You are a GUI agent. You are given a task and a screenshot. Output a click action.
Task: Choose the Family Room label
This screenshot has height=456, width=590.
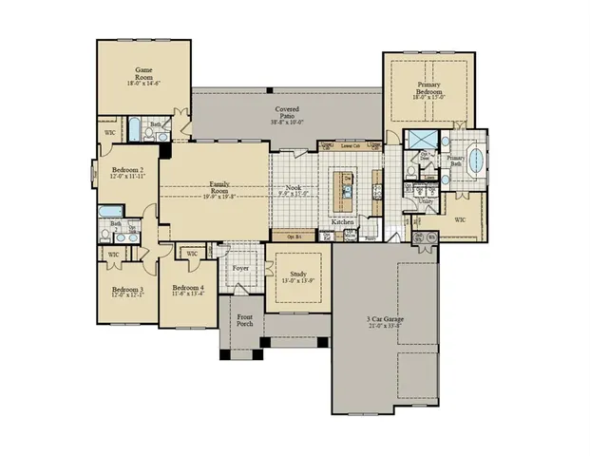pos(219,186)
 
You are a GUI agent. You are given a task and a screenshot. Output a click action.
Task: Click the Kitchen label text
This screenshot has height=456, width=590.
pos(342,221)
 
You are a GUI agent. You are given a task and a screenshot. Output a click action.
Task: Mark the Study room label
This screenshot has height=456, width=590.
pos(294,273)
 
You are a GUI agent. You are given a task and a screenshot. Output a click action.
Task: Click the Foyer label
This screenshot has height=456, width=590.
pos(240,268)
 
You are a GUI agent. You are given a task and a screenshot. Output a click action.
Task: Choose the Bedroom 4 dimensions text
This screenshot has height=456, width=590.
pos(187,294)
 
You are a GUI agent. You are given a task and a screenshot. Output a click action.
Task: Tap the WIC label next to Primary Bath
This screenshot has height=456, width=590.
pos(461,219)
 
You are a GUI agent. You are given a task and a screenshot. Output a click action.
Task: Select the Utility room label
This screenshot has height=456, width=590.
pos(426,200)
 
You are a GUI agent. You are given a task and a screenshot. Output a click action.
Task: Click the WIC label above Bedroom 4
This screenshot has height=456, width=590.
pos(191,254)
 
